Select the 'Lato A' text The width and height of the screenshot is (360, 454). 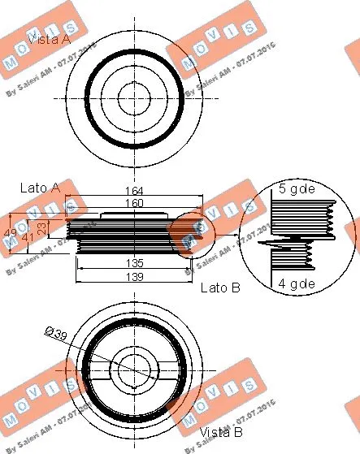coord(40,188)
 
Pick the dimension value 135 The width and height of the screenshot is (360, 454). coord(134,263)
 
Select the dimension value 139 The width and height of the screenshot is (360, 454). coord(134,277)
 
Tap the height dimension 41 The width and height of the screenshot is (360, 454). coord(28,237)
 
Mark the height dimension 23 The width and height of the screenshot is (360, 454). coord(42,228)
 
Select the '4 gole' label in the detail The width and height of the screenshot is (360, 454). coord(297,283)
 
